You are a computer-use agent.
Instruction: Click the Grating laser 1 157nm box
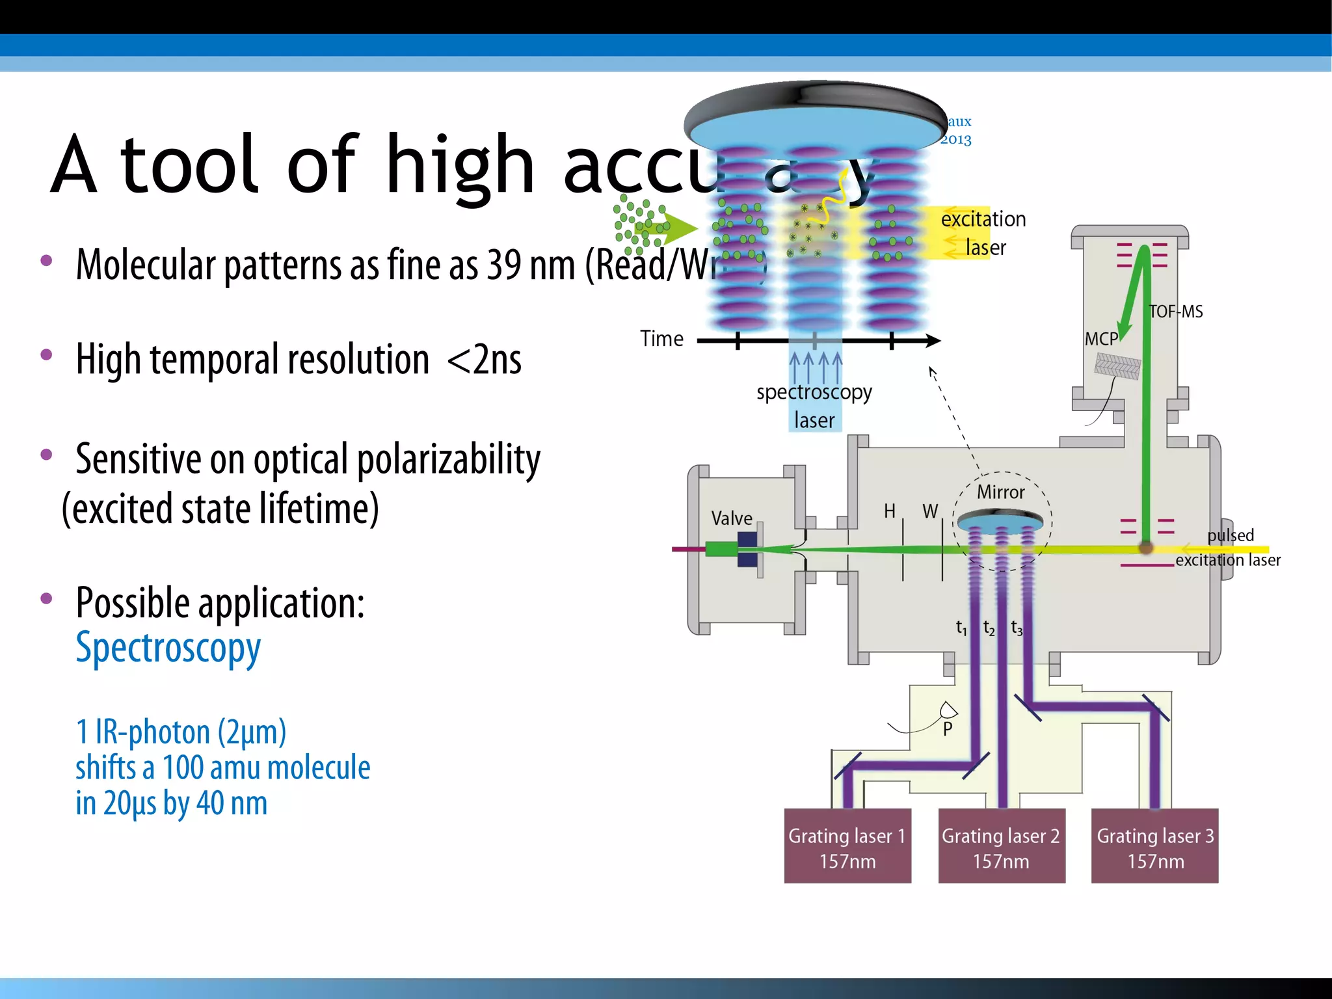[847, 846]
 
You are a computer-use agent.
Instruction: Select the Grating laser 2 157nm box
[1001, 846]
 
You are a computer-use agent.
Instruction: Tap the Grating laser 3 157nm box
[1154, 846]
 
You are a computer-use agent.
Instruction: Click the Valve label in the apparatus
[732, 518]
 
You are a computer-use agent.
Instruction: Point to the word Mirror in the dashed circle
[1000, 492]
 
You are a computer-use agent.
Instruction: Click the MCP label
[1100, 339]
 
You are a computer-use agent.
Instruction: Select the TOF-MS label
[1176, 312]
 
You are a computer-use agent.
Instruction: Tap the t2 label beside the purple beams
[989, 628]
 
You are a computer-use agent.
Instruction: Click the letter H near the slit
[890, 511]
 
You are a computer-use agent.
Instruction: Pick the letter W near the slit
[930, 511]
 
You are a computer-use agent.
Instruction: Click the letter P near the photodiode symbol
[948, 729]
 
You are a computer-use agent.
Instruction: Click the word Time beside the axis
[661, 339]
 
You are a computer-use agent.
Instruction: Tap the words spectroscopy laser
[814, 406]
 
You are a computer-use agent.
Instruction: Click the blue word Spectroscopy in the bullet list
[168, 648]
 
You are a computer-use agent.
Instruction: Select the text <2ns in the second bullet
[485, 359]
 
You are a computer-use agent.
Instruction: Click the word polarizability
[449, 459]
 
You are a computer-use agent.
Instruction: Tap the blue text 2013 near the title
[955, 139]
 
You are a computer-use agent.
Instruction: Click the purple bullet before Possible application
[46, 598]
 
